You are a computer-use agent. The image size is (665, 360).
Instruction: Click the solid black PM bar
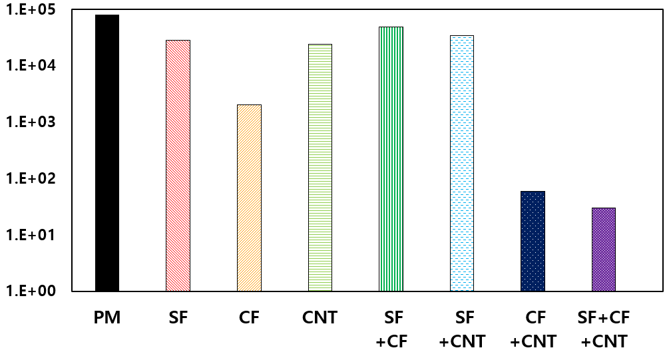pyautogui.click(x=107, y=153)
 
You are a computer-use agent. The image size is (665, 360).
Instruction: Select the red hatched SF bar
pyautogui.click(x=178, y=166)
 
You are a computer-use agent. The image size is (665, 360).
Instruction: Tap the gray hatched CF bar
pyautogui.click(x=249, y=198)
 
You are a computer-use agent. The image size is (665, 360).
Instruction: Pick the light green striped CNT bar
pyautogui.click(x=320, y=168)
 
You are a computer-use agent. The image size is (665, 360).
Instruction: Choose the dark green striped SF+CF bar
pyautogui.click(x=391, y=159)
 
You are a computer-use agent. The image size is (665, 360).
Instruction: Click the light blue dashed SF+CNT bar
pyautogui.click(x=462, y=163)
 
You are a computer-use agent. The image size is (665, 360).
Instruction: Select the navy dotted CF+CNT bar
pyautogui.click(x=533, y=241)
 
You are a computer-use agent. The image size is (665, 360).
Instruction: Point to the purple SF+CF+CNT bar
pyautogui.click(x=604, y=250)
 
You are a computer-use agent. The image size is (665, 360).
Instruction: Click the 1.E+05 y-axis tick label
pyautogui.click(x=33, y=10)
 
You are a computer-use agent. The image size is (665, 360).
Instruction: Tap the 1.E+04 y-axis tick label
pyautogui.click(x=33, y=66)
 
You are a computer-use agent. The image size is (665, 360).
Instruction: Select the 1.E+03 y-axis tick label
pyautogui.click(x=33, y=122)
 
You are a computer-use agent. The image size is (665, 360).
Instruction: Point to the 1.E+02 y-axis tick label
pyautogui.click(x=33, y=178)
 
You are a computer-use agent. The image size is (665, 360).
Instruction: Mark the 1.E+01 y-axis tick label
pyautogui.click(x=33, y=235)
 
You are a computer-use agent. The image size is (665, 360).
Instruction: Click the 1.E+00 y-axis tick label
pyautogui.click(x=33, y=291)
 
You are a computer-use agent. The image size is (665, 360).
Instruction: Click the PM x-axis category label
pyautogui.click(x=107, y=318)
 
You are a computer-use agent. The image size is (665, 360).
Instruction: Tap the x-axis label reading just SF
pyautogui.click(x=178, y=318)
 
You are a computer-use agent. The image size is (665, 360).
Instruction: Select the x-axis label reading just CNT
pyautogui.click(x=320, y=318)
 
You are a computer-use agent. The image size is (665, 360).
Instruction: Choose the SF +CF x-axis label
pyautogui.click(x=391, y=330)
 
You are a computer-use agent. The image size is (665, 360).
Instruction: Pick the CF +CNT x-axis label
pyautogui.click(x=533, y=330)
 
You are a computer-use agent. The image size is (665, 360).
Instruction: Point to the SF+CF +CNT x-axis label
pyautogui.click(x=604, y=330)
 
